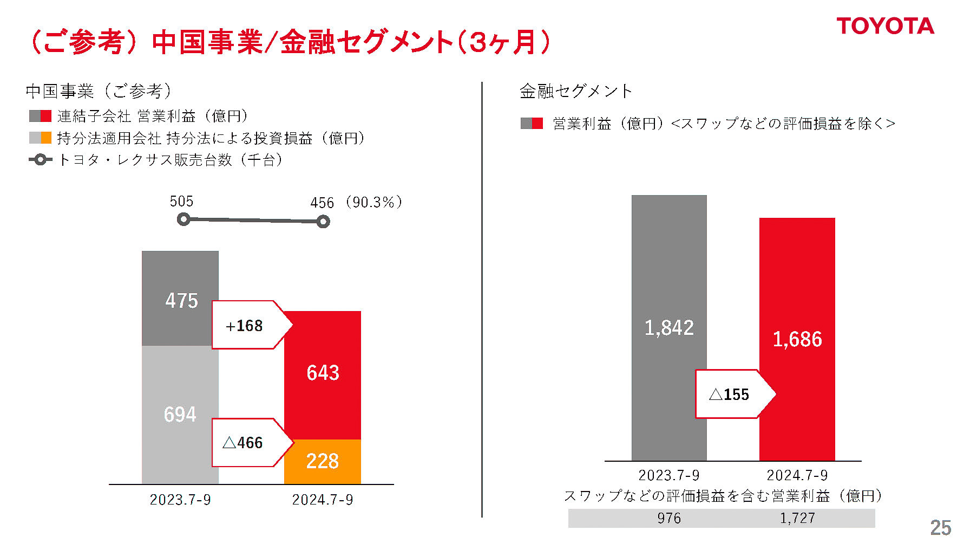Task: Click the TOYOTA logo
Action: (885, 26)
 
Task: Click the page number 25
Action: (940, 527)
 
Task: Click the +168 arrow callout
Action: (248, 325)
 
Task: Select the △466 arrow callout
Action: (248, 443)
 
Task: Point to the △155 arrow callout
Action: (731, 394)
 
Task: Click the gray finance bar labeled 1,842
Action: (669, 271)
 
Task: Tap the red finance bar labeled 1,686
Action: (797, 287)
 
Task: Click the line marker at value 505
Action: (183, 219)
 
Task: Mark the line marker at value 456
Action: (323, 222)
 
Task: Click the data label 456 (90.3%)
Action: (356, 203)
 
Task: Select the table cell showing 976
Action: (669, 518)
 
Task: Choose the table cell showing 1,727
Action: (797, 518)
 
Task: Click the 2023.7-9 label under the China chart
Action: (180, 499)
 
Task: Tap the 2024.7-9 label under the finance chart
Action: (797, 475)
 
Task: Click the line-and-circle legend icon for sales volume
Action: (40, 160)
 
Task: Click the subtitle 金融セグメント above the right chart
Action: (575, 91)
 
